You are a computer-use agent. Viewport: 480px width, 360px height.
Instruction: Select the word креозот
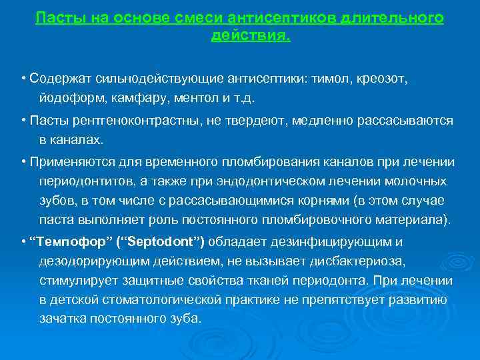[381, 79]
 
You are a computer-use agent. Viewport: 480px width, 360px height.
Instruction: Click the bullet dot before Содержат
[23, 79]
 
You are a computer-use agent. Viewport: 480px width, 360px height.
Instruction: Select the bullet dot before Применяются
[23, 162]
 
